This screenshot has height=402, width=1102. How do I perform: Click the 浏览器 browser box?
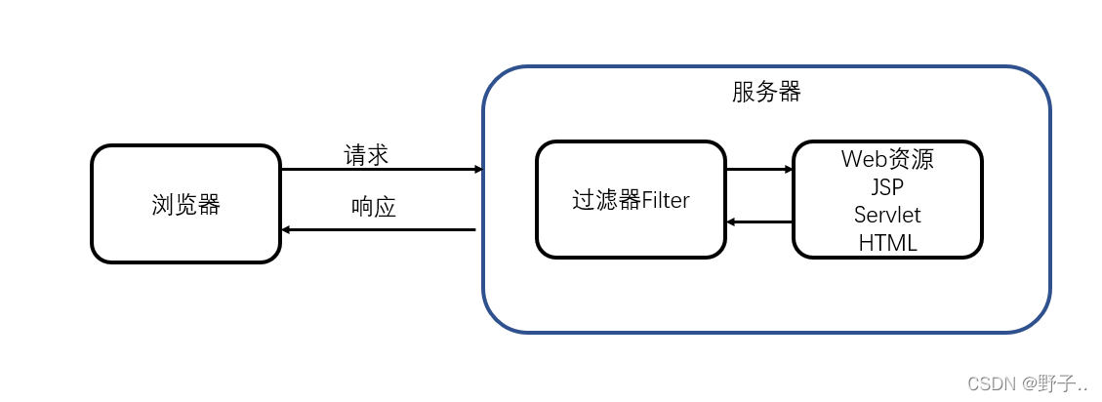(186, 204)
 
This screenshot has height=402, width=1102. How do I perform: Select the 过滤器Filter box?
(631, 200)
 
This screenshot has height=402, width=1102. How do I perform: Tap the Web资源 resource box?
(887, 200)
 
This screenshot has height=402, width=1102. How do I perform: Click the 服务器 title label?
(766, 92)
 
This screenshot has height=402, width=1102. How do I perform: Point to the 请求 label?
(366, 155)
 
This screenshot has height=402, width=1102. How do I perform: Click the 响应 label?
(373, 207)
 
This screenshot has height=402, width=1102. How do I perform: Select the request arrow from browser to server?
(382, 170)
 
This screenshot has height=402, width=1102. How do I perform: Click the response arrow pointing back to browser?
(378, 230)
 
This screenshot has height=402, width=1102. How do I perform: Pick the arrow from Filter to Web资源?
(759, 170)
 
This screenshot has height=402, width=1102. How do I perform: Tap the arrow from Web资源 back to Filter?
(759, 222)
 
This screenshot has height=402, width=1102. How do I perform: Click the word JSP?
(887, 187)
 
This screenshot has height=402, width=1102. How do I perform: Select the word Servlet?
(887, 215)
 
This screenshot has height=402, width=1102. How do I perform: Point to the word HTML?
(887, 242)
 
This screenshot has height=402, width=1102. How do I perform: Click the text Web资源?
(887, 159)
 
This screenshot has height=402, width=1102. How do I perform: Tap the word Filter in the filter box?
(666, 200)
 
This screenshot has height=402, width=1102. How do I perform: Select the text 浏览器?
(186, 205)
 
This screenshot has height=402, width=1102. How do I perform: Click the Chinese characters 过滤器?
(606, 200)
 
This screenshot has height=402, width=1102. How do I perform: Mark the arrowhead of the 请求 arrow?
(479, 170)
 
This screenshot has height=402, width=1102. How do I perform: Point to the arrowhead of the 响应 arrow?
(285, 230)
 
